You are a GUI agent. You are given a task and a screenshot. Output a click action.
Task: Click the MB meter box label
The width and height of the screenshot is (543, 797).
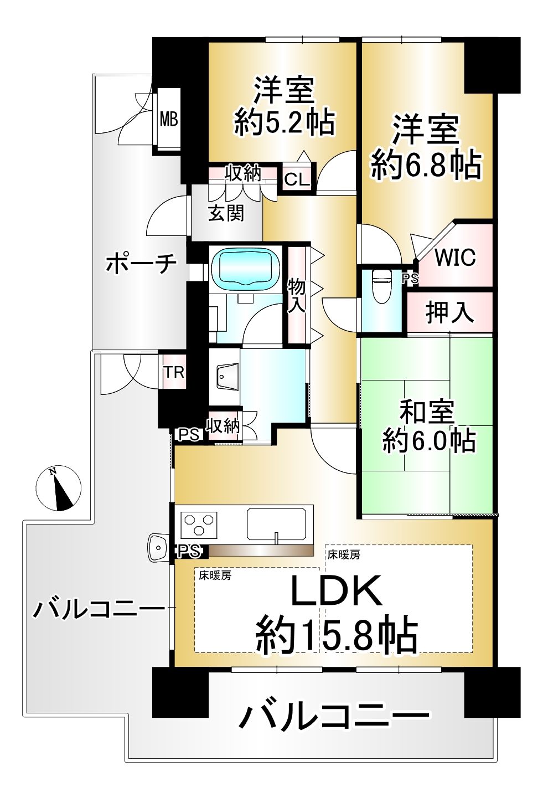169,119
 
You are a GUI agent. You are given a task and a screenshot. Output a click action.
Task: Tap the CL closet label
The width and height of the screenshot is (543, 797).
297,179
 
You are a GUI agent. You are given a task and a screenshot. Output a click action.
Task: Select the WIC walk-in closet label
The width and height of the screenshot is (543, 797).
455,258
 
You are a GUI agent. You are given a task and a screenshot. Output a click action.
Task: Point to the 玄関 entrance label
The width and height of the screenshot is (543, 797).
226,213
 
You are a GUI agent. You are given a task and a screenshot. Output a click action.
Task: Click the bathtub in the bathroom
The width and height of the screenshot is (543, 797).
246,269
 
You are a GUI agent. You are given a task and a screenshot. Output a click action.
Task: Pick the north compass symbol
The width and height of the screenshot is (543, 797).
58,488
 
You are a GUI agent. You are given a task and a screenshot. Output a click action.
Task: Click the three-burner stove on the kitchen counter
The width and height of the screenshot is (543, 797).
199,525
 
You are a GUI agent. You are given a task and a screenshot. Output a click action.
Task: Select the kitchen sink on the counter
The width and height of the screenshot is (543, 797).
276,523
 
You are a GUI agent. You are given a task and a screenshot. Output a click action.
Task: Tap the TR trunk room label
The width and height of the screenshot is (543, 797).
174,372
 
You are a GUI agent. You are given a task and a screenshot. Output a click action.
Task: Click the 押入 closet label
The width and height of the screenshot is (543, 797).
449,312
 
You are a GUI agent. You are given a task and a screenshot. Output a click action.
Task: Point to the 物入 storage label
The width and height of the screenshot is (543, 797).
297,295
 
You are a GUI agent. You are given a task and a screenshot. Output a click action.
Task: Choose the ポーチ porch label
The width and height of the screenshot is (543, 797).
141,264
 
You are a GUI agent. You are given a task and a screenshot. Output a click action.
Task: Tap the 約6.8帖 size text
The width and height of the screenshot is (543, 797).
426,164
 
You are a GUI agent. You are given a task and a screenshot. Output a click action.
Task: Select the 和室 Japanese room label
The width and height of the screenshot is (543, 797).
427,412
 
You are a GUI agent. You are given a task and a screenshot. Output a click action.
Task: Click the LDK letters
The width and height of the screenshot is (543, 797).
336,591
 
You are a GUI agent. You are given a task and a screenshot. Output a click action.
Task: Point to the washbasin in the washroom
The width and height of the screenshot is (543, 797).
226,378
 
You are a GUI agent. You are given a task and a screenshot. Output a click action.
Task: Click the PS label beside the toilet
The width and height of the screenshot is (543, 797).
410,279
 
